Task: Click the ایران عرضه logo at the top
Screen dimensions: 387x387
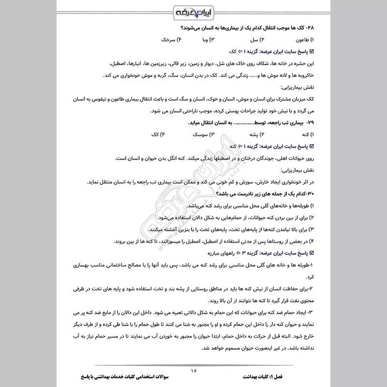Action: coord(193,11)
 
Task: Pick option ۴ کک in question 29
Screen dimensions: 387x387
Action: coord(157,134)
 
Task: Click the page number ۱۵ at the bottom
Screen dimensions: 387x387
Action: coord(193,371)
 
